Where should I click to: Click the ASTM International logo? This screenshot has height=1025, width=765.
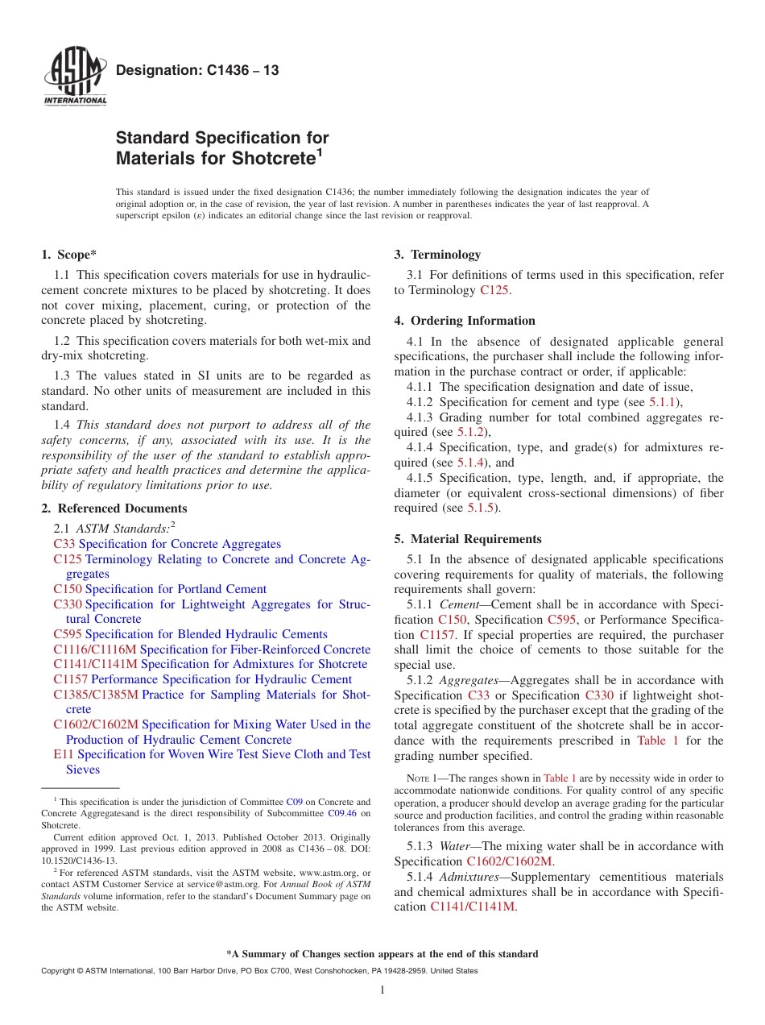[75, 77]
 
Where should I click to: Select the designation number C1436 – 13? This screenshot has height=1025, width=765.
[197, 71]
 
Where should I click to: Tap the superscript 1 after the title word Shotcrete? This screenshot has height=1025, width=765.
[319, 151]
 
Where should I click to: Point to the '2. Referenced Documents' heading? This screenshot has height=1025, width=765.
[114, 508]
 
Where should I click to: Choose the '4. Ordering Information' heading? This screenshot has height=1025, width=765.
[465, 321]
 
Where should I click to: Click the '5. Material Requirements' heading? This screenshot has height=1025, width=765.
[468, 539]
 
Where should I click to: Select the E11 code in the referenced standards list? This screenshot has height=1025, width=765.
[63, 754]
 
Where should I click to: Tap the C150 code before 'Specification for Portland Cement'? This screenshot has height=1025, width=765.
[68, 589]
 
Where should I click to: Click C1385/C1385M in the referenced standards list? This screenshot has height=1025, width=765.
[96, 694]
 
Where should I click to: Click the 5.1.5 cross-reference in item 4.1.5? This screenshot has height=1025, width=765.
[482, 508]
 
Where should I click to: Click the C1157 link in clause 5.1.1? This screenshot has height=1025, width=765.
[438, 635]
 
